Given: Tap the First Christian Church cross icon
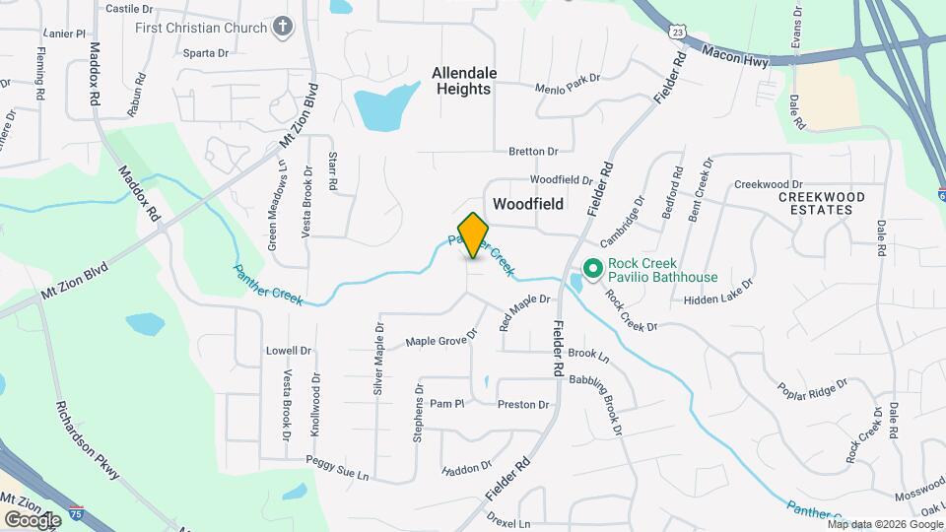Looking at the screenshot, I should (x=284, y=28).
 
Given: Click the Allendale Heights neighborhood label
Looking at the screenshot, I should (x=461, y=81).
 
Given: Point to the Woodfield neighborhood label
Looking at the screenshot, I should (x=528, y=204).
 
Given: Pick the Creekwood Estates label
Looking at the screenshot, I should (x=822, y=203).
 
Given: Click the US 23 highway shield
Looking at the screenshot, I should (x=676, y=32).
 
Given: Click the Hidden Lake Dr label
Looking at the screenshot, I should (x=717, y=292).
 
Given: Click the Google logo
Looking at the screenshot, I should (x=33, y=519).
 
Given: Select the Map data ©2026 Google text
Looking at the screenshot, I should (x=884, y=524).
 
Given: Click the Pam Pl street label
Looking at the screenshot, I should (x=446, y=404).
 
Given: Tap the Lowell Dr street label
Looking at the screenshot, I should (x=289, y=351).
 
